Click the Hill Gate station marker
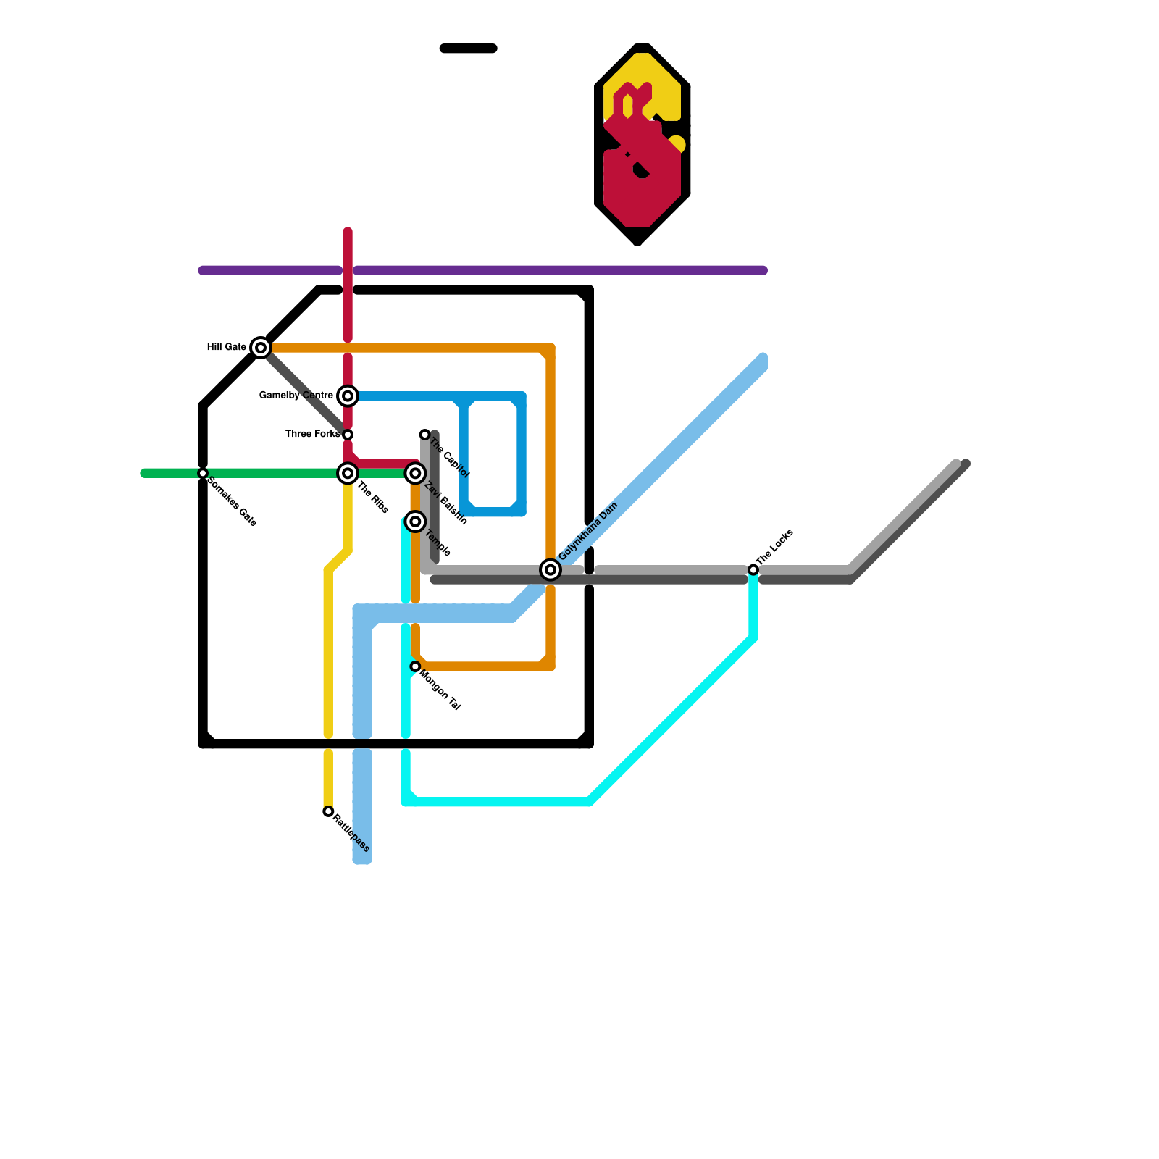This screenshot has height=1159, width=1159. click(261, 348)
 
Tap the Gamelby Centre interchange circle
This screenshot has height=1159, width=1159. click(348, 396)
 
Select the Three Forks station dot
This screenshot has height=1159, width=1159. click(348, 435)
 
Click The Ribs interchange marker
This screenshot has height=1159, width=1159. click(348, 473)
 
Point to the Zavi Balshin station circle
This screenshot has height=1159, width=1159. click(415, 473)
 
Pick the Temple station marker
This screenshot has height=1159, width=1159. click(415, 522)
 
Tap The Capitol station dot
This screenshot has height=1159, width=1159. click(425, 435)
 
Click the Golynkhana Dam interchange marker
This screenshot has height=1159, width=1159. click(551, 570)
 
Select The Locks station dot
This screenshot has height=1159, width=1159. click(753, 570)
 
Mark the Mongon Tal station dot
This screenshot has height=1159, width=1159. click(415, 666)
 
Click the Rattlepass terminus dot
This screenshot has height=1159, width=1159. click(328, 811)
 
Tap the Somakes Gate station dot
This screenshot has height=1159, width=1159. click(203, 473)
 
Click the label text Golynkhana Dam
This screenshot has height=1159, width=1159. click(588, 531)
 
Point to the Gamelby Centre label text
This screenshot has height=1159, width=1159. click(296, 396)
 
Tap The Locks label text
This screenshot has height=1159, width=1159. click(775, 548)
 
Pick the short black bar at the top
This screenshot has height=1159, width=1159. click(468, 49)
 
